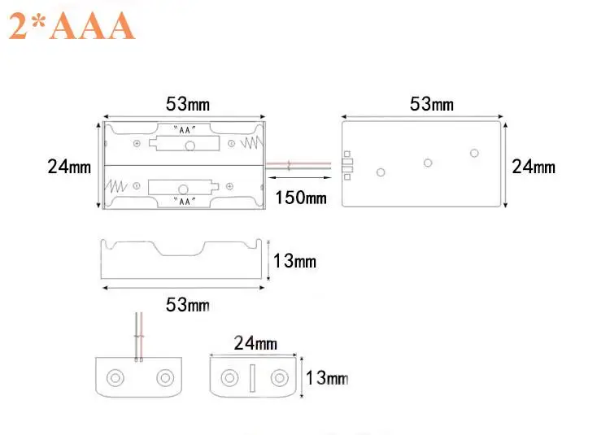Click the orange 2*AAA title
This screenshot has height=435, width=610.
tap(72, 26)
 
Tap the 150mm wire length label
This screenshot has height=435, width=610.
tap(301, 198)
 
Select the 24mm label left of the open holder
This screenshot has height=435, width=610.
tap(69, 167)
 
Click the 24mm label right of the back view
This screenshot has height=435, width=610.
tap(534, 167)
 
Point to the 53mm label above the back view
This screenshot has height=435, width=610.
tap(431, 104)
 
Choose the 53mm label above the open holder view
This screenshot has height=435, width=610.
tap(188, 104)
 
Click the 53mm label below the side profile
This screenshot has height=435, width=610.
tap(188, 304)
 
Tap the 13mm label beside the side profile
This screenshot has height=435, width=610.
tap(294, 261)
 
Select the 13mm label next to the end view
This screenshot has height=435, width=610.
tap(327, 378)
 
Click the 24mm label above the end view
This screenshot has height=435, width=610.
tap(255, 343)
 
